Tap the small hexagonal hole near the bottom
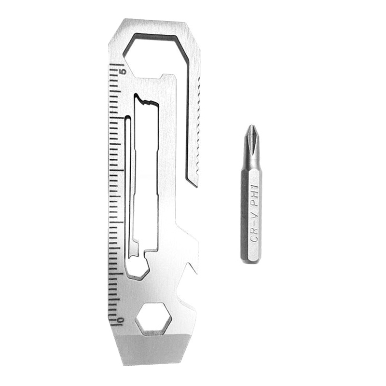tap(153, 318)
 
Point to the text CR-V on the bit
tap(254, 226)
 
